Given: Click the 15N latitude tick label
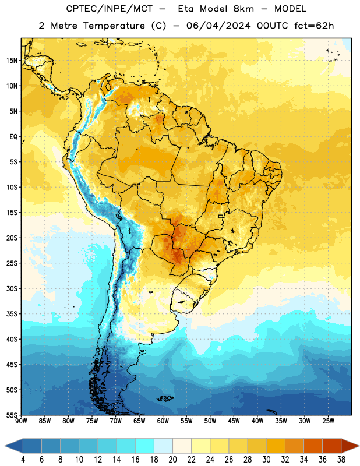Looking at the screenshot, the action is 12,61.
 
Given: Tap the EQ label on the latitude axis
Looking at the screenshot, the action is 13,137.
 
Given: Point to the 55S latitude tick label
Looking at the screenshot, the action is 12,415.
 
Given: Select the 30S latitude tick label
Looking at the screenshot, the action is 12,288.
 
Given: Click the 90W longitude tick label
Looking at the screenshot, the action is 21,421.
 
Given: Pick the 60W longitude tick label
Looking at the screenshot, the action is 163,421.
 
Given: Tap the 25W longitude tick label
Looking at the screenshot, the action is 328,421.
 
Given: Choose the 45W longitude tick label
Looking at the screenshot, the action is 234,421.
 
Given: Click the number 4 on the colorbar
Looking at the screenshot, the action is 23,460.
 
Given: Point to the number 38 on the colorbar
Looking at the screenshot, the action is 341,460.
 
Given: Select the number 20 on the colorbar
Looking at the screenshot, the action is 172,460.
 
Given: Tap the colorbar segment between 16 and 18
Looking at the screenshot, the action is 145,446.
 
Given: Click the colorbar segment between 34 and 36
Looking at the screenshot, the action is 313,446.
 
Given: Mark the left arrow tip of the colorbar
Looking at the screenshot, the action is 5,446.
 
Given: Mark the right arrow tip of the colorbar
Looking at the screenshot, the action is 359,446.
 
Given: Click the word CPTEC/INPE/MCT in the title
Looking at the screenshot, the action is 110,9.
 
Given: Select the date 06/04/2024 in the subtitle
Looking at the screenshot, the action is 219,26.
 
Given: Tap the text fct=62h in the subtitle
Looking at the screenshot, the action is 314,26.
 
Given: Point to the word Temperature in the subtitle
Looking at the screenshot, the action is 114,26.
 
